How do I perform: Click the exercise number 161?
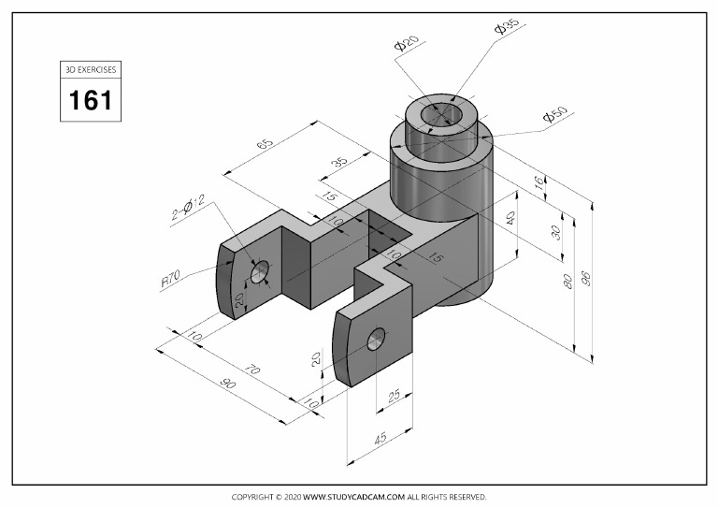point(91,99)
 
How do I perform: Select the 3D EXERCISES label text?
point(91,69)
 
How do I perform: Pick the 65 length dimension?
point(265,147)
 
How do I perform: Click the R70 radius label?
point(170,279)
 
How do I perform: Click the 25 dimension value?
point(393,396)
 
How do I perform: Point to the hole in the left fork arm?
point(260,271)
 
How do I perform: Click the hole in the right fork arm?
point(377,339)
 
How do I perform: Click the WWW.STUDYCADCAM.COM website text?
point(353,497)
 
